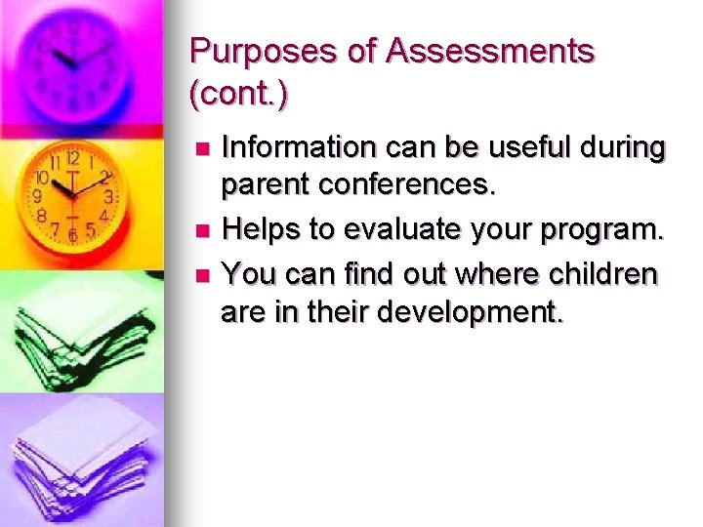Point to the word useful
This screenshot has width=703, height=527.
coord(515,148)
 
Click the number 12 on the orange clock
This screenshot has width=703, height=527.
coord(72,157)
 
